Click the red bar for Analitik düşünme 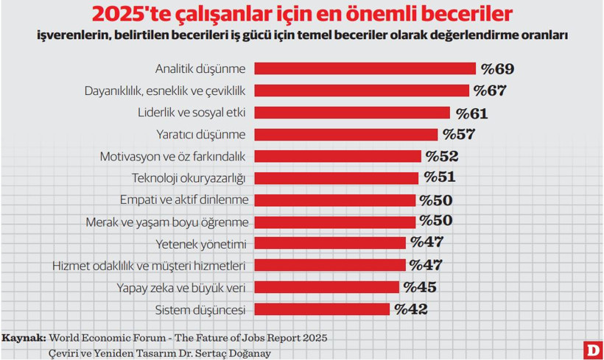coord(365,68)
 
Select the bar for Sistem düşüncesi coord(322,309)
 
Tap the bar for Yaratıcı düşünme coord(345,134)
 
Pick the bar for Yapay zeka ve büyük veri coord(326,287)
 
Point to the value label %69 coord(497,69)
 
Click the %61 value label coord(471,113)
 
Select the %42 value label coord(411,310)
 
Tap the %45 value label coord(421,288)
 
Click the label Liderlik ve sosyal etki coord(192,113)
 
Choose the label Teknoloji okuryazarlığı coord(189,178)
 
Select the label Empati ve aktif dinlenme coord(184,200)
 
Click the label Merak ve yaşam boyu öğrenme coord(167,222)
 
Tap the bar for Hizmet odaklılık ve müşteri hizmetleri coord(329,265)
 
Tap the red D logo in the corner coord(591,350)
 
